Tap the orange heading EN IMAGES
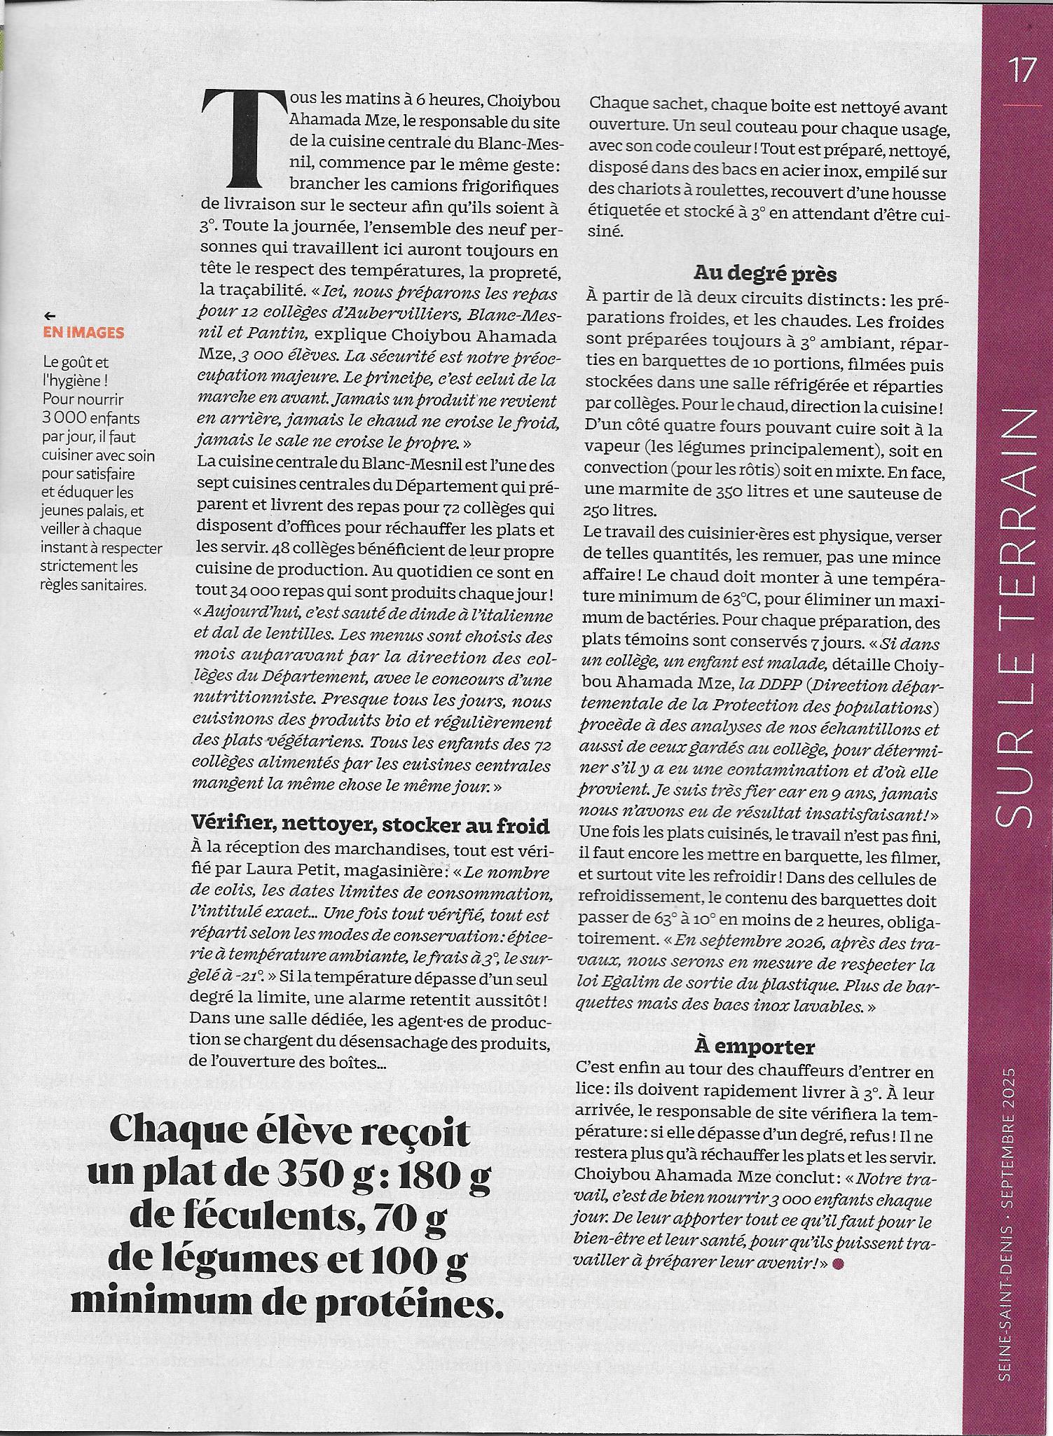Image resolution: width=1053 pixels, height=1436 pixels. point(83,333)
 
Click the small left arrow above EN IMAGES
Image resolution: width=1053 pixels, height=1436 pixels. point(48,316)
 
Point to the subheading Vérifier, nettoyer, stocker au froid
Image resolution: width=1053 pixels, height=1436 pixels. point(370,827)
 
